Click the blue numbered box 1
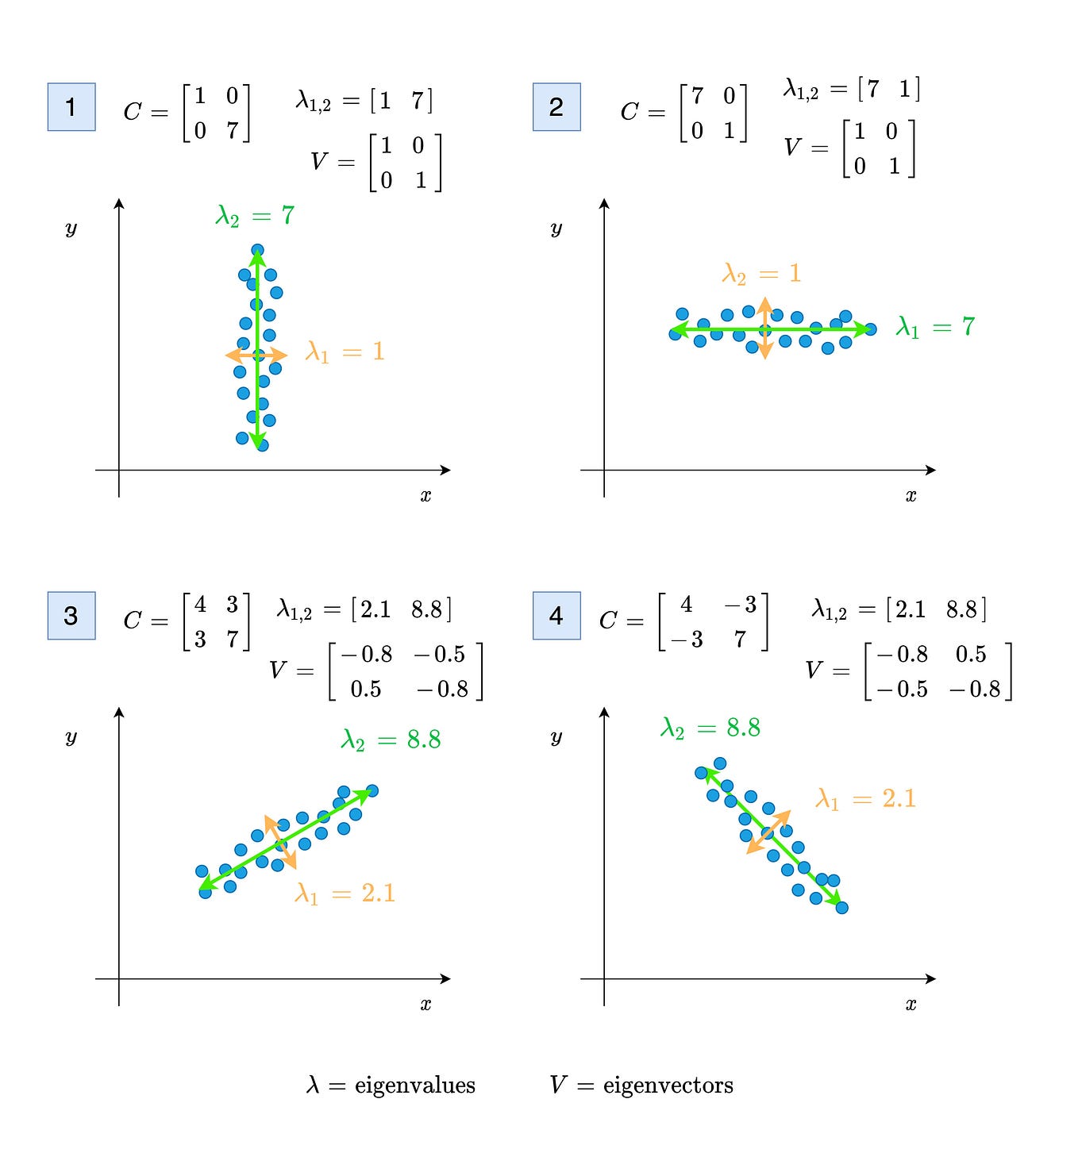tap(71, 107)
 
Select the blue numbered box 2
tap(556, 107)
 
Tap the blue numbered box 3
tap(71, 616)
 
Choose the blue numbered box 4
tap(556, 616)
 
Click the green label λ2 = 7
tap(255, 216)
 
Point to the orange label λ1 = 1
tap(345, 352)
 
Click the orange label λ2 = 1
tap(761, 275)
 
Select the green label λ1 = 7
tap(935, 327)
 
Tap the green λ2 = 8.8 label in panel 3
tap(391, 740)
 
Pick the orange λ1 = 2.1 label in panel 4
tap(865, 799)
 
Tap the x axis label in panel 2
tap(911, 496)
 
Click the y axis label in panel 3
tap(71, 737)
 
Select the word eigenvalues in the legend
tap(414, 1086)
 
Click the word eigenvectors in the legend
tap(668, 1086)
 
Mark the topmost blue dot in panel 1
tap(257, 251)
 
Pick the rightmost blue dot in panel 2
tap(871, 329)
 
